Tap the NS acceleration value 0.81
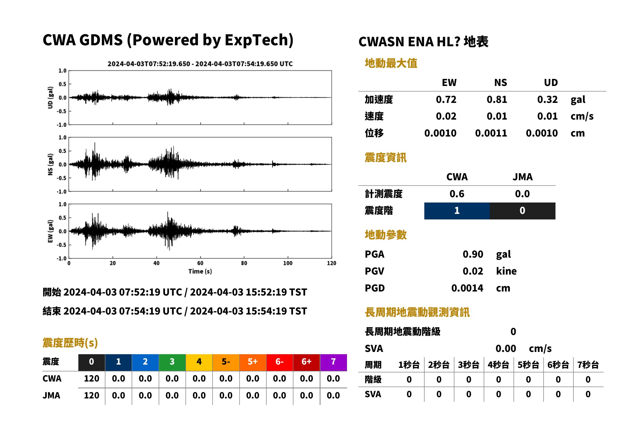[497, 100]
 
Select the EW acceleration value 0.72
[446, 100]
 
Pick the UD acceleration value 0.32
[547, 100]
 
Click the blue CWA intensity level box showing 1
[457, 211]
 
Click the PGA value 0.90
[473, 254]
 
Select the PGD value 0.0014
[467, 288]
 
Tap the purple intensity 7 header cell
[333, 362]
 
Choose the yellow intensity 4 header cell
[199, 362]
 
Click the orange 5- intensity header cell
[226, 362]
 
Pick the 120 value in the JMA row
[91, 396]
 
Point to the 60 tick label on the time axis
[200, 263]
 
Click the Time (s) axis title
[200, 272]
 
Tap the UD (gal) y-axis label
[50, 98]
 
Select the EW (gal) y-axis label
[50, 231]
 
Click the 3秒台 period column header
[469, 365]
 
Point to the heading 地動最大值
[391, 63]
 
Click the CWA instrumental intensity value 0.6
[457, 194]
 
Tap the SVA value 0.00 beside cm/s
[506, 349]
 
